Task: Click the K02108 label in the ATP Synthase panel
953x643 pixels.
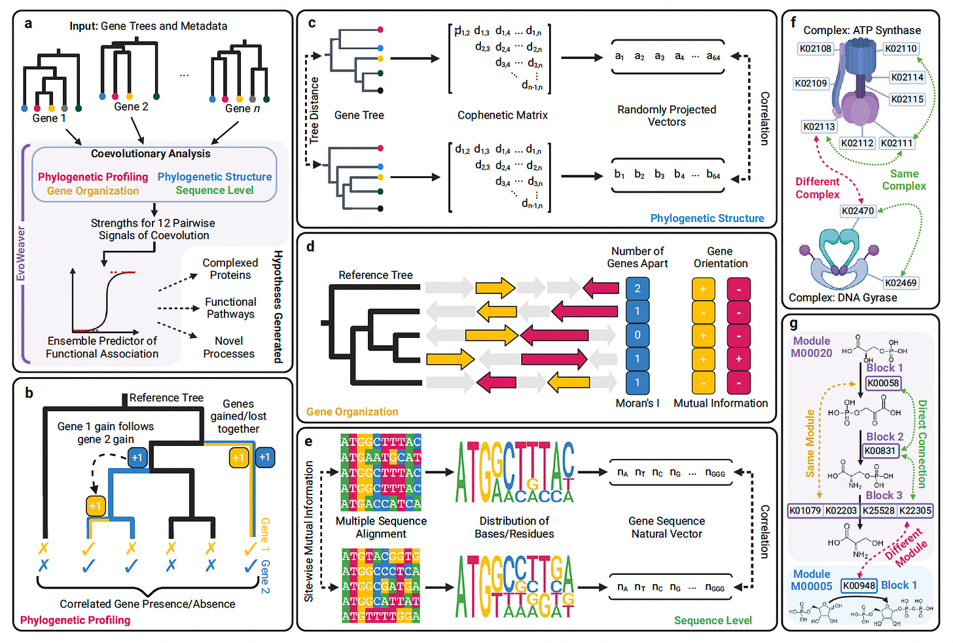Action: (x=815, y=48)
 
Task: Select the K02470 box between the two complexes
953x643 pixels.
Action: (x=857, y=211)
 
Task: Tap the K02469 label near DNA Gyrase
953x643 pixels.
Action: (x=901, y=283)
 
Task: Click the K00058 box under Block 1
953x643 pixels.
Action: (x=883, y=383)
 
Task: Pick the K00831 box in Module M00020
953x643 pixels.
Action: (x=880, y=450)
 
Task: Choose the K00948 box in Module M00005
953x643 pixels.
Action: (x=859, y=585)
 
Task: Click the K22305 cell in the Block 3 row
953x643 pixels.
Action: (x=915, y=510)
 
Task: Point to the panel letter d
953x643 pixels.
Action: (x=310, y=247)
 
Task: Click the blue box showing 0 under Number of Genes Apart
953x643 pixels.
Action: (x=638, y=335)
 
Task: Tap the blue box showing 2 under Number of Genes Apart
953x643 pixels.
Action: (x=638, y=288)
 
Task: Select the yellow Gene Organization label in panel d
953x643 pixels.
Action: (x=352, y=412)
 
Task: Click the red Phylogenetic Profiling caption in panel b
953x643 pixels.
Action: (x=75, y=620)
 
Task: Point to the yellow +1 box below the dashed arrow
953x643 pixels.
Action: (x=96, y=505)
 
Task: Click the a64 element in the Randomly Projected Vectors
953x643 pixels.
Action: (x=713, y=57)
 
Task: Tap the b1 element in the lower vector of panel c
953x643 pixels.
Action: (x=619, y=175)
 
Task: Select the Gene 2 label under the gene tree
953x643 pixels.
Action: (x=131, y=107)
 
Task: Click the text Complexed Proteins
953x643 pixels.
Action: (x=230, y=269)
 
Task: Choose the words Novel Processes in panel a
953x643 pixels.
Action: (x=228, y=347)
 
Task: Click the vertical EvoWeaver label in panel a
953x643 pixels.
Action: (x=21, y=253)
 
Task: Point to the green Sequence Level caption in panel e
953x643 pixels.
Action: (x=713, y=620)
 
